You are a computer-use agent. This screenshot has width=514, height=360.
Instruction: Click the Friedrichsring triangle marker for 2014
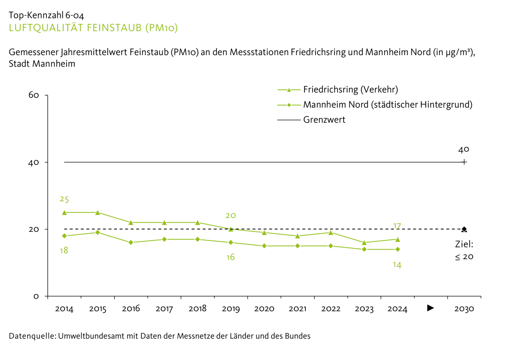[x=64, y=212]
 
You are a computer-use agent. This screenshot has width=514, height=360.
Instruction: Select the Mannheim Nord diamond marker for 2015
[x=98, y=232]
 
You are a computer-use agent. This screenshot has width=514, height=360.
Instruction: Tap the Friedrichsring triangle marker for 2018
[x=198, y=222]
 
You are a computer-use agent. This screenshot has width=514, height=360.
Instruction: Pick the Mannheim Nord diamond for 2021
[x=298, y=246]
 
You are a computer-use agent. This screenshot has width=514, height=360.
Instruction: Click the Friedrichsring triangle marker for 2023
[x=364, y=243]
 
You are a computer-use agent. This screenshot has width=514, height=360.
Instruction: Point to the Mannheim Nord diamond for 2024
[x=398, y=249]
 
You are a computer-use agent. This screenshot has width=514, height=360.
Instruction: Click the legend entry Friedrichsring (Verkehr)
[x=350, y=90]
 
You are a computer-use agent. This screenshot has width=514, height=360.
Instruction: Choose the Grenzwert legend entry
[x=324, y=120]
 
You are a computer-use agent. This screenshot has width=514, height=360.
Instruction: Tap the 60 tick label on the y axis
[x=34, y=95]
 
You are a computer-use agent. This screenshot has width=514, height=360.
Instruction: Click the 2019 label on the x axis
[x=231, y=309]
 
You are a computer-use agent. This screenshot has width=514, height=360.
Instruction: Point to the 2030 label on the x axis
[x=464, y=309]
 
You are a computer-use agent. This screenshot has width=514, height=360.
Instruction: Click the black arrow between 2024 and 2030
[x=430, y=308]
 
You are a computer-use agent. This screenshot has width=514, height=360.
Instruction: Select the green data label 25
[x=64, y=199]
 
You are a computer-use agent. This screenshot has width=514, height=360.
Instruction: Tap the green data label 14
[x=397, y=265]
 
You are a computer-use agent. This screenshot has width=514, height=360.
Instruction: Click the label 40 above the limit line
[x=464, y=150]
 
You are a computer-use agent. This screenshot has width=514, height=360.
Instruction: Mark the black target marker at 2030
[x=464, y=229]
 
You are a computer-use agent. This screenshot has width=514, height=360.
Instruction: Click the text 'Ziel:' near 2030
[x=464, y=244]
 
